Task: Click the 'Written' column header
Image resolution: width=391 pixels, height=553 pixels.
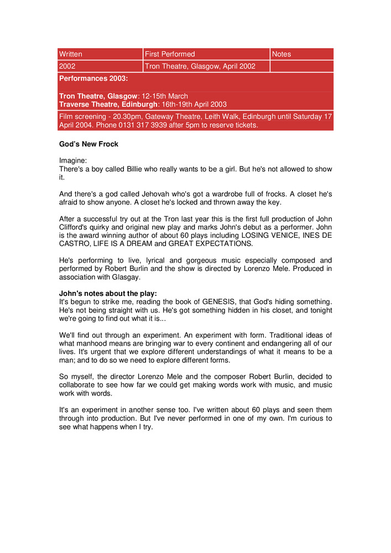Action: [71, 54]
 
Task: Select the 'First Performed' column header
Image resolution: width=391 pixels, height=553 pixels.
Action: [170, 54]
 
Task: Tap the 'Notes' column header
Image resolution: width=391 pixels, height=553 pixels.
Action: [281, 54]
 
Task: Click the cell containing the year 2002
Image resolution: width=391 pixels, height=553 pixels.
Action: [67, 66]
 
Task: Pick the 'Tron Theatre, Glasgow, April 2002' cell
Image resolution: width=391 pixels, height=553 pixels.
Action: [200, 66]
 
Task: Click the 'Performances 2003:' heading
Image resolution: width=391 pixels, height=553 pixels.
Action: [93, 79]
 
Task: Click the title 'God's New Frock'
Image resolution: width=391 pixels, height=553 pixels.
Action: [88, 144]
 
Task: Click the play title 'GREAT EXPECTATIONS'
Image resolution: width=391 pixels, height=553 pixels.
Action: [209, 243]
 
